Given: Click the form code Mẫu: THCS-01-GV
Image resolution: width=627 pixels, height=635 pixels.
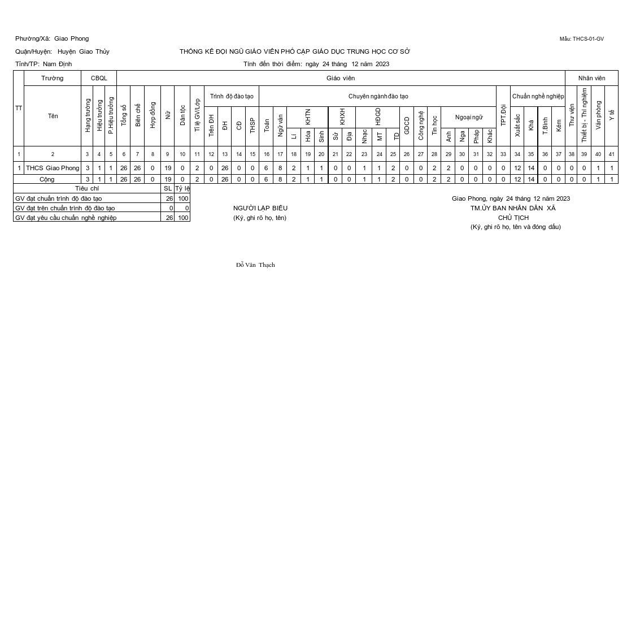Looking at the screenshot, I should click(x=581, y=39).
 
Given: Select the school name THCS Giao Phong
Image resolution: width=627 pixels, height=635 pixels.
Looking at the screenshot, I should click(x=53, y=168).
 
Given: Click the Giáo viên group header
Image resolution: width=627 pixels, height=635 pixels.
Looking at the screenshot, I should click(x=341, y=78).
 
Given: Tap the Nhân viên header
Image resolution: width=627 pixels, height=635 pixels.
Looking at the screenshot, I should click(x=591, y=78).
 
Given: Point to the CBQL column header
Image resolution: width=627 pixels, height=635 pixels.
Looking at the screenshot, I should click(x=99, y=78).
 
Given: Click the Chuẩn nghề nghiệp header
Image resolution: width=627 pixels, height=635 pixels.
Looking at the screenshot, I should click(x=538, y=96).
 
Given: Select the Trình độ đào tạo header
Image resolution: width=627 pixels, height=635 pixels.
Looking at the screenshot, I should click(x=232, y=96).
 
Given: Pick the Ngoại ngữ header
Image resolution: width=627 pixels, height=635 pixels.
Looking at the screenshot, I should click(x=469, y=117).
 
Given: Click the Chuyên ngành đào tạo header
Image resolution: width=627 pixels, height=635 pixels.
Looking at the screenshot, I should click(x=378, y=96).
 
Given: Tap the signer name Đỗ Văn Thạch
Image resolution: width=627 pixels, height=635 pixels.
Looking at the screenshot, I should click(x=255, y=265).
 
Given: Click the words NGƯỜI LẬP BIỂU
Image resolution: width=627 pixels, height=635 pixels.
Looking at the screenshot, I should click(x=260, y=208).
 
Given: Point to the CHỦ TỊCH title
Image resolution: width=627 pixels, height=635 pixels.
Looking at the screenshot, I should click(x=513, y=218).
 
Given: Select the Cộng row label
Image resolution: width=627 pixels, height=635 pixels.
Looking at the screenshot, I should click(x=47, y=179).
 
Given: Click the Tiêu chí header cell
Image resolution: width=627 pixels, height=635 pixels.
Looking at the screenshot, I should click(x=87, y=188).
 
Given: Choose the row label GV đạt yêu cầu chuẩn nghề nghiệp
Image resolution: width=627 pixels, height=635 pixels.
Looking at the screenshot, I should click(x=66, y=218).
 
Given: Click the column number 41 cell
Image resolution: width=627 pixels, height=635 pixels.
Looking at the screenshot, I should click(x=611, y=154).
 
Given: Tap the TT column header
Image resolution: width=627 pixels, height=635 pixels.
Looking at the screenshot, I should click(x=19, y=108).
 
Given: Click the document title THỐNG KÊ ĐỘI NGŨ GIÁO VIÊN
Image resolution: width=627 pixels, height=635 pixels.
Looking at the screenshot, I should click(x=295, y=51).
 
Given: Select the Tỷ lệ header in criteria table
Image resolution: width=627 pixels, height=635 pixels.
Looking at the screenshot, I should click(x=182, y=188).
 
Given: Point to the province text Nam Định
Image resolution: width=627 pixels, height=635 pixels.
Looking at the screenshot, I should click(x=57, y=64).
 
